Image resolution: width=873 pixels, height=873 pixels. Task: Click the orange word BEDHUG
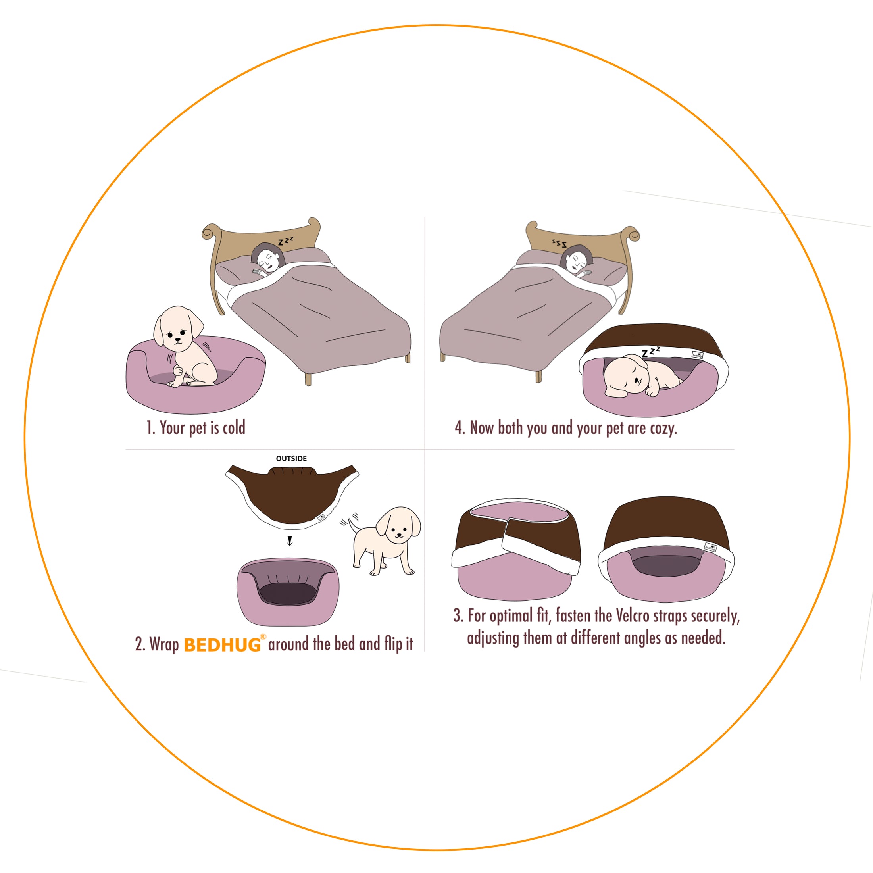point(222,645)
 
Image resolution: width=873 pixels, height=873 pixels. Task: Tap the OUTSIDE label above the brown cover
point(291,458)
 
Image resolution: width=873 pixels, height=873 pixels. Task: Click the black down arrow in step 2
point(290,541)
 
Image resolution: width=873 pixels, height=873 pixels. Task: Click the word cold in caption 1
point(234,427)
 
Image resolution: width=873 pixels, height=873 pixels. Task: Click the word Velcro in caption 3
point(632,615)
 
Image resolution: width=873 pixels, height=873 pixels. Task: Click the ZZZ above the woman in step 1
point(285,241)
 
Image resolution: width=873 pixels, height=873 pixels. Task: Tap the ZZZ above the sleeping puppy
point(650,352)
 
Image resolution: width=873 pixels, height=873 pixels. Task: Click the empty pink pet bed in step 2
point(288,592)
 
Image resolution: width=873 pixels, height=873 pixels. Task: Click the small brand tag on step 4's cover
point(697,355)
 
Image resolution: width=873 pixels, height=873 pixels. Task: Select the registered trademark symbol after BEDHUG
point(263,636)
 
